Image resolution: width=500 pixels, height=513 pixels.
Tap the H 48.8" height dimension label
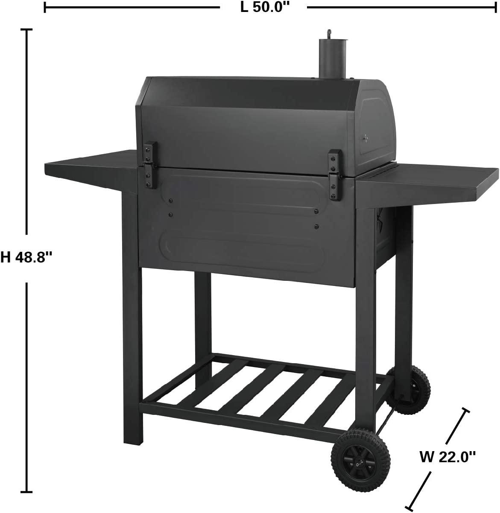[26, 257]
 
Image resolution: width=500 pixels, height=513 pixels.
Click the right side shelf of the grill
[427, 182]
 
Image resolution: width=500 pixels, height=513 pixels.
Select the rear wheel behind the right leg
[408, 390]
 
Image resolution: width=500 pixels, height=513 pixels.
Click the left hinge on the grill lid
[150, 165]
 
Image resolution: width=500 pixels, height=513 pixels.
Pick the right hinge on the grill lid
[335, 175]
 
